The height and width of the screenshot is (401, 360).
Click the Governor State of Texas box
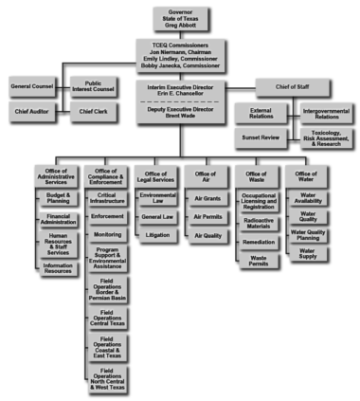[x=179, y=18]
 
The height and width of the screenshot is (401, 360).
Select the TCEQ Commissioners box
[x=179, y=55]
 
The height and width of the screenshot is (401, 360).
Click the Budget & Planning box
[x=59, y=198]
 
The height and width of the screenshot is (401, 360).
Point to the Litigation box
[x=157, y=233]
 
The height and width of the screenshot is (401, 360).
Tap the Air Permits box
[x=207, y=217]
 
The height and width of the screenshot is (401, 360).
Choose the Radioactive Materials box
[x=259, y=223]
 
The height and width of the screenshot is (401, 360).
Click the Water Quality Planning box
[x=309, y=235]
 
